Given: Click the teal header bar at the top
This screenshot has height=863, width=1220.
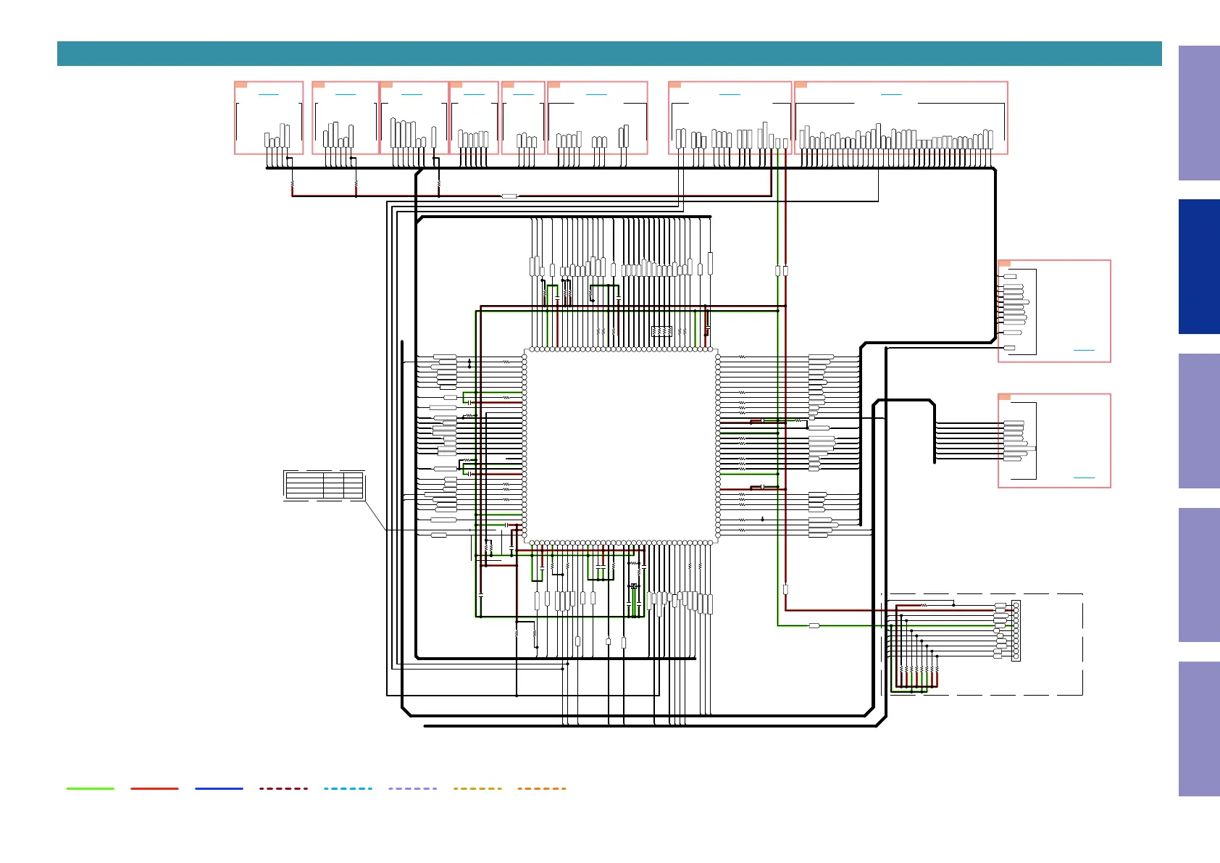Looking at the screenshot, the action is point(609,54).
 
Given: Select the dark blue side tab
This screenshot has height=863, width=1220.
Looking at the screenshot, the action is point(1198,267).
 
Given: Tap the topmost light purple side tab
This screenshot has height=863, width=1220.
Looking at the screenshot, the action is point(1198,113).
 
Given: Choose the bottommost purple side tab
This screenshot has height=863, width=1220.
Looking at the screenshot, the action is point(1198,728).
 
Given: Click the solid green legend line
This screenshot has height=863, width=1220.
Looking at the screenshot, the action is point(91,788).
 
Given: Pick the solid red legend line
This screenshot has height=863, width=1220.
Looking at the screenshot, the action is point(154,788).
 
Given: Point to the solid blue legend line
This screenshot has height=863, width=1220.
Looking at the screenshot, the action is point(219,788).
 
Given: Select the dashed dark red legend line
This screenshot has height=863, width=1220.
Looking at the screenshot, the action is point(283,788).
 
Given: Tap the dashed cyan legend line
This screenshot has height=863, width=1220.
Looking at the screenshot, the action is point(348,788).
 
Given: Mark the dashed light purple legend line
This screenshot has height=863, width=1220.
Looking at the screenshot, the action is point(412,788).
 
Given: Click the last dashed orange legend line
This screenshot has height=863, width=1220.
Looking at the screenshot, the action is point(542,788).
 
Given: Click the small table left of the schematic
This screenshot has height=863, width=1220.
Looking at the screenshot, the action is point(324,485).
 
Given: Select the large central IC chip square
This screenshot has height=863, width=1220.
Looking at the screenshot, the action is point(621,446).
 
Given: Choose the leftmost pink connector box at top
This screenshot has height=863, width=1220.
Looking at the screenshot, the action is point(269,117).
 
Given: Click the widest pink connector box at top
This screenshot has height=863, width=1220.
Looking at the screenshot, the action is point(901,117).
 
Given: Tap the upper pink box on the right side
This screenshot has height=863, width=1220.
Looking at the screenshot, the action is point(1054,311).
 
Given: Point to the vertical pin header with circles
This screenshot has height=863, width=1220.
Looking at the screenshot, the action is point(1016,630).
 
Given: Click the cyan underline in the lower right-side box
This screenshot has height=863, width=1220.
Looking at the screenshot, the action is point(1084,478).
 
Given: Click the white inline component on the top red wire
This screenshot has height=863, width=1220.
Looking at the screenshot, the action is point(509,196).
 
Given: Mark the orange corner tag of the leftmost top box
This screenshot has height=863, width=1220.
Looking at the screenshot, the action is point(241,85).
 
